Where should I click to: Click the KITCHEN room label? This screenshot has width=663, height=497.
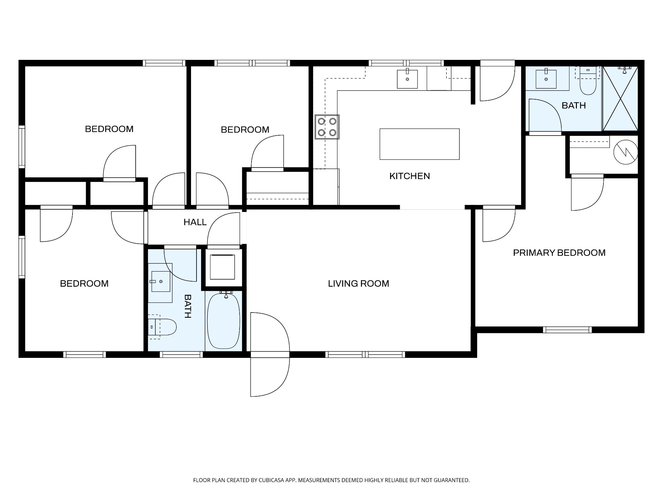(x=410, y=176)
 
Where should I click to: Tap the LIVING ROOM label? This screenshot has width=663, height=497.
(x=358, y=283)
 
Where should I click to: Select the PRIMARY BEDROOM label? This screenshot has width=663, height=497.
(x=559, y=253)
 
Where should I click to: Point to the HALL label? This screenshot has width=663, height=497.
(x=195, y=222)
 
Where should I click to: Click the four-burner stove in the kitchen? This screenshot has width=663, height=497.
(x=327, y=127)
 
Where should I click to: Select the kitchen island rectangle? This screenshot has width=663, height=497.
(x=420, y=144)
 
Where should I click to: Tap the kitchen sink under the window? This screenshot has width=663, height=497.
(x=407, y=79)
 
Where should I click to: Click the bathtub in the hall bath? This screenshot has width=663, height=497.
(x=224, y=320)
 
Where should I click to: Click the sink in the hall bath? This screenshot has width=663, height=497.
(x=161, y=282)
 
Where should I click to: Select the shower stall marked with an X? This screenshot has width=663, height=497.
(x=620, y=98)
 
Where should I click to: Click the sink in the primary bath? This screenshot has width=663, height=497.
(x=546, y=79)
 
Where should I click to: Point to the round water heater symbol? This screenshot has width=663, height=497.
(x=626, y=152)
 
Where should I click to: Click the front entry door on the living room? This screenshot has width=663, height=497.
(x=270, y=354)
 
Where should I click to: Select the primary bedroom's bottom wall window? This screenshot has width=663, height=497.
(x=567, y=330)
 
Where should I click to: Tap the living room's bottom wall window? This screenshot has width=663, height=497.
(x=365, y=354)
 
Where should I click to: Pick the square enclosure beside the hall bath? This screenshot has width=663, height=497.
(x=222, y=267)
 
